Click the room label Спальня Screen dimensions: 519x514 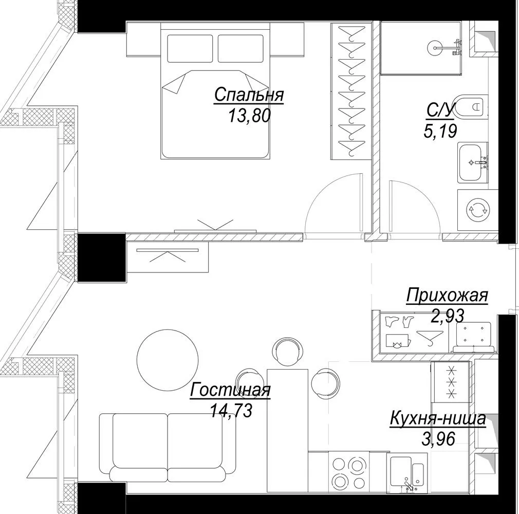pyautogui.click(x=249, y=95)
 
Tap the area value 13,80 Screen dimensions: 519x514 pyautogui.click(x=249, y=116)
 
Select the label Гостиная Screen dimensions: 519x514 pyautogui.click(x=230, y=390)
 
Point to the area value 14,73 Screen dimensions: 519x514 pyautogui.click(x=231, y=411)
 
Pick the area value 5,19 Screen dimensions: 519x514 pyautogui.click(x=440, y=131)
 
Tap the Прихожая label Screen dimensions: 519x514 pyautogui.click(x=447, y=296)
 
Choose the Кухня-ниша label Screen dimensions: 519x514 pyautogui.click(x=438, y=418)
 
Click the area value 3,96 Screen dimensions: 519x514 pyautogui.click(x=438, y=439)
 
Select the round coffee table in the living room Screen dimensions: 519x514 pyautogui.click(x=168, y=360)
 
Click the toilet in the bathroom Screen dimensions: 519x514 pyautogui.click(x=470, y=106)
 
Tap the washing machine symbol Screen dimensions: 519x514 pyautogui.click(x=477, y=210)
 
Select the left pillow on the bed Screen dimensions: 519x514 pyautogui.click(x=190, y=48)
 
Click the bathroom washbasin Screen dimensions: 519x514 pyautogui.click(x=473, y=162)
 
